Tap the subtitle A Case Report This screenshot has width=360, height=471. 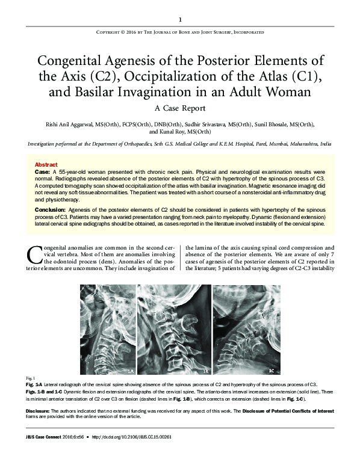(x=180, y=108)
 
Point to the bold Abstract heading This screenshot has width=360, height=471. (x=46, y=164)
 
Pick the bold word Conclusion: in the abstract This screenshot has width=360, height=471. (x=52, y=209)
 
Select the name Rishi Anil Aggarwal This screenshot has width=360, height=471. (x=64, y=124)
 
